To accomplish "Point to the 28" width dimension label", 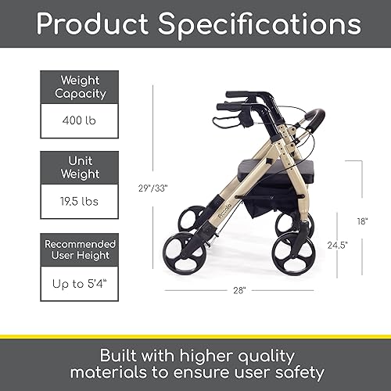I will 239,290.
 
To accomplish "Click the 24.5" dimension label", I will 338,245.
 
